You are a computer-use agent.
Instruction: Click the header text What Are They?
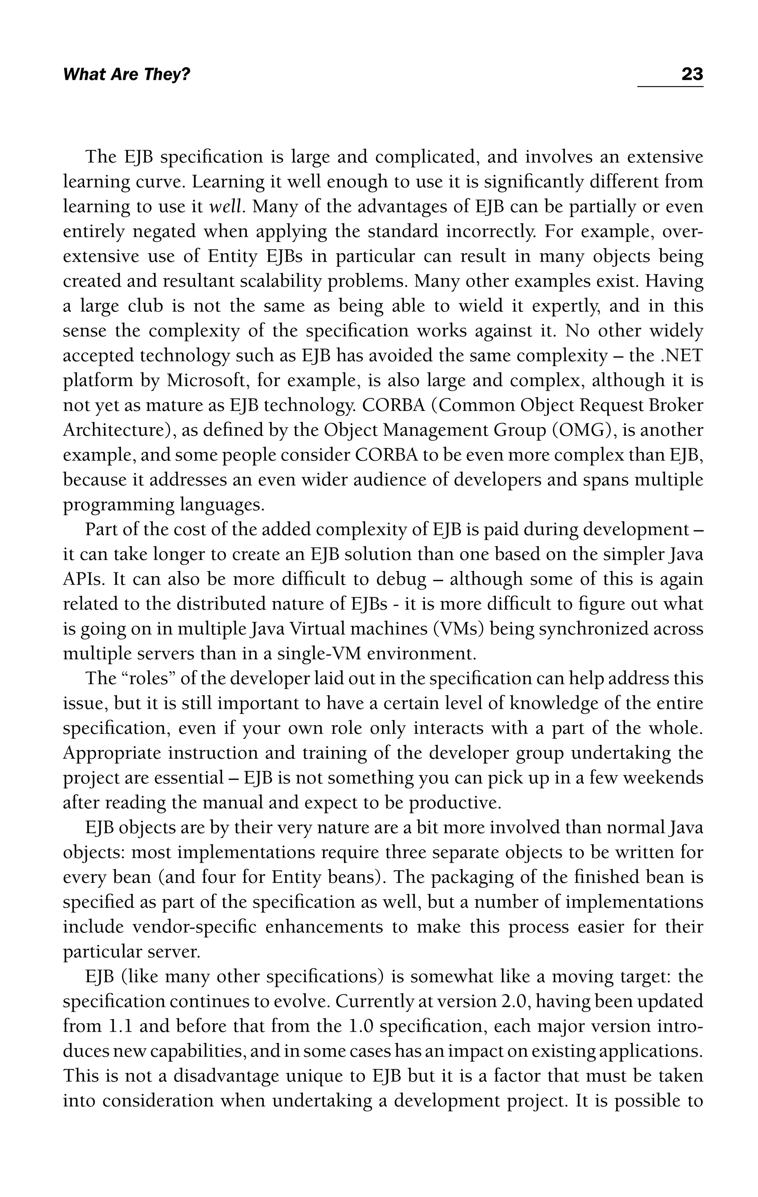point(126,75)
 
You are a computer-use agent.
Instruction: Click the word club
point(145,306)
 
